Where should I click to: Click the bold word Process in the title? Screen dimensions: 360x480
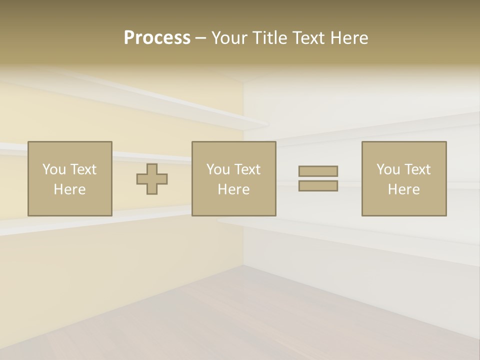[157, 38]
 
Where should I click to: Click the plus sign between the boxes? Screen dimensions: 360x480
[152, 179]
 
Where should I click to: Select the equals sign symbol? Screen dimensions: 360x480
[318, 178]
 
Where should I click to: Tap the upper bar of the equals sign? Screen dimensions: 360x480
[318, 171]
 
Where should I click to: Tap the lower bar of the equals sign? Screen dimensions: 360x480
[318, 186]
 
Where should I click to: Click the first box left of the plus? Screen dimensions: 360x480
[70, 178]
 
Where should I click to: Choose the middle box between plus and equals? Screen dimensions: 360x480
[233, 178]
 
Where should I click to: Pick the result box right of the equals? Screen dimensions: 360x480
[404, 178]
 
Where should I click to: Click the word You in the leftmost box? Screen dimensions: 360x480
[54, 169]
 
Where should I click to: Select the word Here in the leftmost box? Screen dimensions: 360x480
[70, 189]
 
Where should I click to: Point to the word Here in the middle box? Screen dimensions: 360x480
[233, 189]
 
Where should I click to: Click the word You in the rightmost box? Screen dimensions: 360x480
[388, 169]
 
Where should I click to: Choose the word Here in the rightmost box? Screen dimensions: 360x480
[404, 189]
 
